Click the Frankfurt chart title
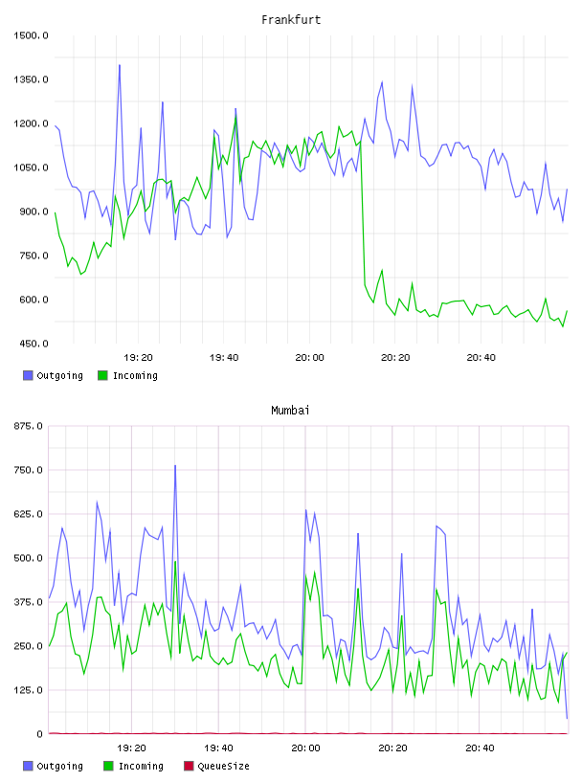click(x=291, y=20)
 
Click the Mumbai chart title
click(x=290, y=411)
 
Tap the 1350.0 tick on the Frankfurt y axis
click(x=31, y=79)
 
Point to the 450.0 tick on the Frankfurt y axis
click(x=31, y=344)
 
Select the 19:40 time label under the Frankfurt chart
click(x=224, y=358)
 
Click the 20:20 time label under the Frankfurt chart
click(x=395, y=358)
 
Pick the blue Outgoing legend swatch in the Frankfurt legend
click(x=28, y=375)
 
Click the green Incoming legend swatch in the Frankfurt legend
click(x=102, y=375)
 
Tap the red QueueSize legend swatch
click(x=189, y=766)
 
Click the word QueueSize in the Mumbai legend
click(x=223, y=766)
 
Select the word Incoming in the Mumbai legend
click(x=141, y=766)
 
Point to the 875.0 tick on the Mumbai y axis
click(x=29, y=426)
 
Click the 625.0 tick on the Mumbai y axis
click(x=29, y=514)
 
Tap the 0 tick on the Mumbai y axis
click(x=40, y=734)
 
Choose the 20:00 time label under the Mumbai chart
click(x=305, y=748)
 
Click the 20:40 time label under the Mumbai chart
click(x=480, y=748)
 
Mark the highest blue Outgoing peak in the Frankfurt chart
click(x=119, y=65)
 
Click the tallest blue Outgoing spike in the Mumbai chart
click(x=175, y=466)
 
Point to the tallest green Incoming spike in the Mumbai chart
click(x=175, y=562)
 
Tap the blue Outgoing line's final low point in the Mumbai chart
click(x=567, y=718)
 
